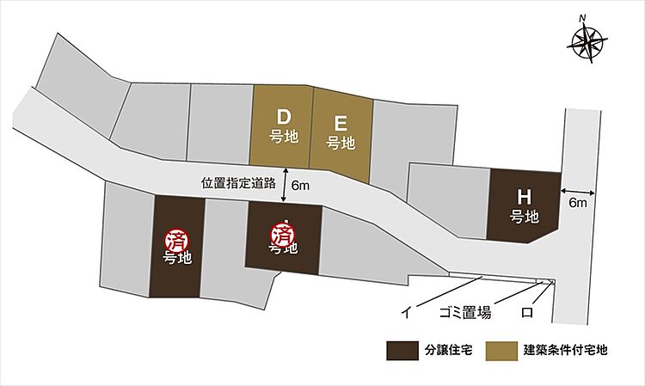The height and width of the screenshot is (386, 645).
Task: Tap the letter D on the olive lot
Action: click(x=282, y=116)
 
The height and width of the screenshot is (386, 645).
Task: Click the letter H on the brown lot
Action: click(x=524, y=196)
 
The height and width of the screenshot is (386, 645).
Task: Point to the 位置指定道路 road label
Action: click(x=237, y=183)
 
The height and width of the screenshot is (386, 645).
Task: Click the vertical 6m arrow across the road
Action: click(x=284, y=185)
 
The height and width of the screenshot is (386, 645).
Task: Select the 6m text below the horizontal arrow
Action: click(x=577, y=204)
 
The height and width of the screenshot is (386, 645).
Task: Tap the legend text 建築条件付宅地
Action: click(x=566, y=351)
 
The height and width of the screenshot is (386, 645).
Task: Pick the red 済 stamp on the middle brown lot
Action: click(x=283, y=232)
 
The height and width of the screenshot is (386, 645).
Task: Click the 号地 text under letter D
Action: click(x=282, y=136)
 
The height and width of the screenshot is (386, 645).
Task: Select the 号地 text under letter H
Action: click(x=524, y=216)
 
